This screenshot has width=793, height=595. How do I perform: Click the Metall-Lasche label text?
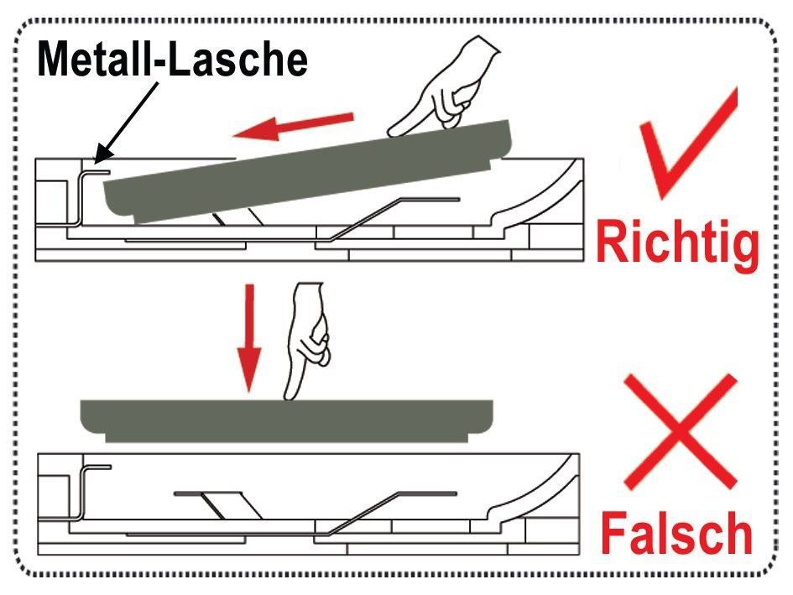pyautogui.click(x=173, y=60)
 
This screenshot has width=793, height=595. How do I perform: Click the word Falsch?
pyautogui.click(x=676, y=533)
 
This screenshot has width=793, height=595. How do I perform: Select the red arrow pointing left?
pyautogui.click(x=293, y=126)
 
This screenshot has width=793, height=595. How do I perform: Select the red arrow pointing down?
pyautogui.click(x=249, y=337)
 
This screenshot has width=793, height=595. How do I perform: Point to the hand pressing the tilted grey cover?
pyautogui.click(x=445, y=86)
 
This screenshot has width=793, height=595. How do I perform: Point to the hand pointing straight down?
pyautogui.click(x=306, y=339)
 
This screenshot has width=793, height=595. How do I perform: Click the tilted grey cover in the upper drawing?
pyautogui.click(x=307, y=172)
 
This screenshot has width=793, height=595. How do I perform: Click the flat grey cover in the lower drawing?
pyautogui.click(x=287, y=420)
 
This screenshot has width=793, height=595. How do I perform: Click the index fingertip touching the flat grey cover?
pyautogui.click(x=290, y=396)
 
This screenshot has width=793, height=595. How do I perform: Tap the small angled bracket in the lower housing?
pyautogui.click(x=217, y=504)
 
